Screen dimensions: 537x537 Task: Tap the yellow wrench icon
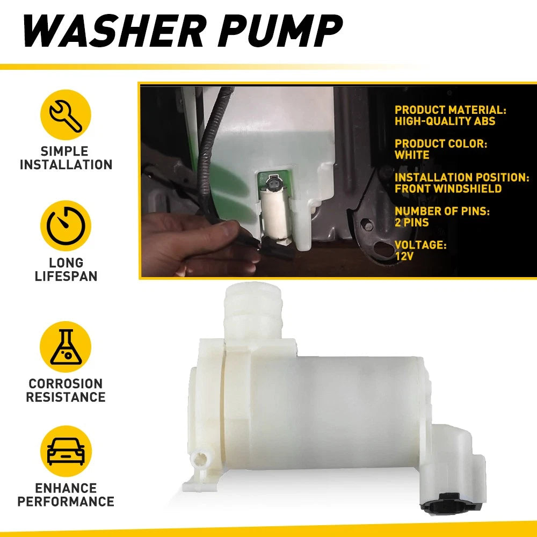coord(66,115)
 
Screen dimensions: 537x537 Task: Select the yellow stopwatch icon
coord(66,226)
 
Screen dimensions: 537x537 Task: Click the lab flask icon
coord(66,346)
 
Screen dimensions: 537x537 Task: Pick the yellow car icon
coord(66,451)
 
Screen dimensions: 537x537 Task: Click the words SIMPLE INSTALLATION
coord(66,158)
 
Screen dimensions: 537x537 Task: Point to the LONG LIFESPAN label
coord(66,269)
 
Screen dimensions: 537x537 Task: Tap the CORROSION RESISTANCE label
coord(66,390)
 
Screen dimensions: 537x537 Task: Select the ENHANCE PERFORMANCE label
coord(66,495)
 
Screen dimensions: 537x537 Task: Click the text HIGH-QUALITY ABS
coord(445,121)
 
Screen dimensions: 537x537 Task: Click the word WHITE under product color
coord(412,155)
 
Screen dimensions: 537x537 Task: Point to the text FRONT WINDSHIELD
coord(448,188)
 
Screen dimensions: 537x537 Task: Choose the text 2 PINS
coord(412,223)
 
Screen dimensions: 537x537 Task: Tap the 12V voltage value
coord(404,256)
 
